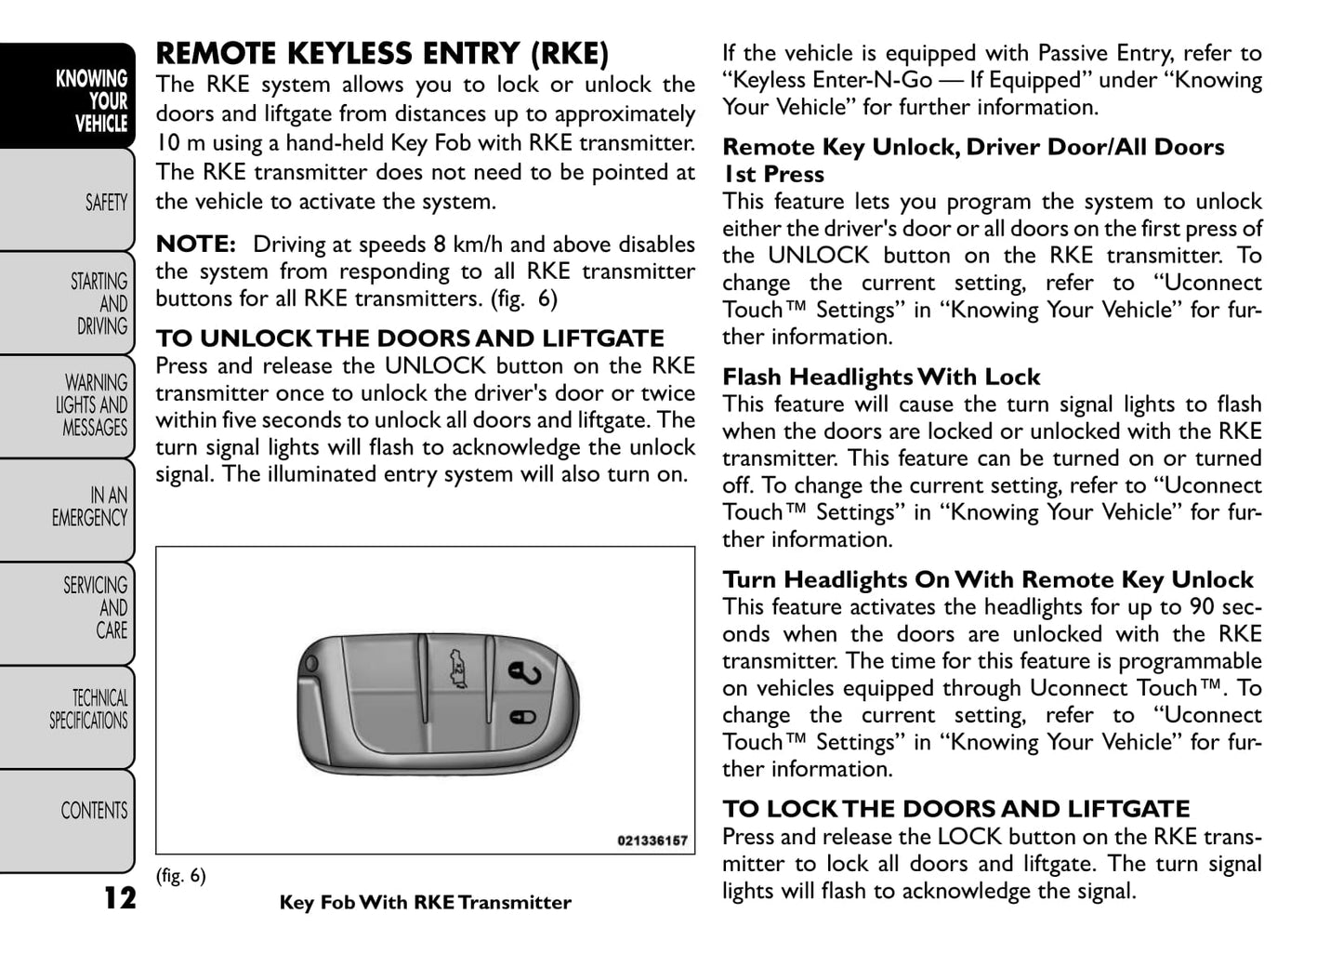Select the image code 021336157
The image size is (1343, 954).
coord(652,841)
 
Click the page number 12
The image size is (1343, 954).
coord(119,898)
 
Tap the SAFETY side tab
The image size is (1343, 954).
coord(105,202)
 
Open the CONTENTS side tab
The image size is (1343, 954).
coord(94,811)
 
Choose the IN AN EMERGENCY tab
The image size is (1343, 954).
coord(90,507)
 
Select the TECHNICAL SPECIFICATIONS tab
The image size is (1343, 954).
coord(89,709)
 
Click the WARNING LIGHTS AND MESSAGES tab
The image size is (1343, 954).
coord(92,405)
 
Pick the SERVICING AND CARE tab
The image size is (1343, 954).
coord(96,607)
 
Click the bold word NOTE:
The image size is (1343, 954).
coord(196,245)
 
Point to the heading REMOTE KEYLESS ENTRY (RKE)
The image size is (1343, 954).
coord(382,54)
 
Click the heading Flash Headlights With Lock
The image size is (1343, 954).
coord(881,377)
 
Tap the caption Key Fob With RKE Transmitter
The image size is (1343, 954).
coord(425,903)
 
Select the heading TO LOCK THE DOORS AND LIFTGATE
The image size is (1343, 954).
coord(955,809)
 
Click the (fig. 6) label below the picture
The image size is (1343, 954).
coord(180,876)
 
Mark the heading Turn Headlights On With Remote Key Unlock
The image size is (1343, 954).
coord(988,580)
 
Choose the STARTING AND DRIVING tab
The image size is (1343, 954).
coord(99,304)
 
